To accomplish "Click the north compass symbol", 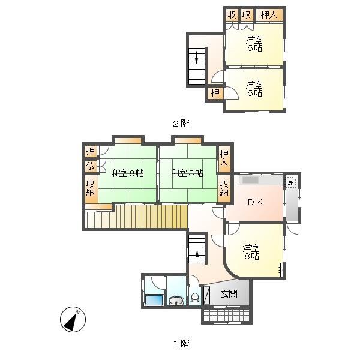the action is pos(73,319).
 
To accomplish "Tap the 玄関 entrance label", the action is pos(229,293).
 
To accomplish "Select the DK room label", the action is pos(256,202).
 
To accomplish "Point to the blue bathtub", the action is pos(154,300).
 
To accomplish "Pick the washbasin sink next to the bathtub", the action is pos(176,301).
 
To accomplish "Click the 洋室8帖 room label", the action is pos(251,252).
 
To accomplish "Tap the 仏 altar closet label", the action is pos(91,166).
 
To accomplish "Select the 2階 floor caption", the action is pos(181,124).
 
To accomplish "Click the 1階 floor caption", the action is pos(181,344).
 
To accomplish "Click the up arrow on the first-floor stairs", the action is pos(197,256).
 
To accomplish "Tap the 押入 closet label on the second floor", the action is pos(269,15).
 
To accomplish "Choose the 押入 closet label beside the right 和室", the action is pos(224,158).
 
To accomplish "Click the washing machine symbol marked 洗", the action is pos(291,182).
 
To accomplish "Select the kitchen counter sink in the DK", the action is pos(250,180).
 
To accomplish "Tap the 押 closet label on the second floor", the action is pos(215,93).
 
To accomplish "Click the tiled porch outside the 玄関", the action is pos(226,316).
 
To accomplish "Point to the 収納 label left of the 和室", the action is pos(91,188).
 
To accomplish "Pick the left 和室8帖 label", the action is pos(127,173).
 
